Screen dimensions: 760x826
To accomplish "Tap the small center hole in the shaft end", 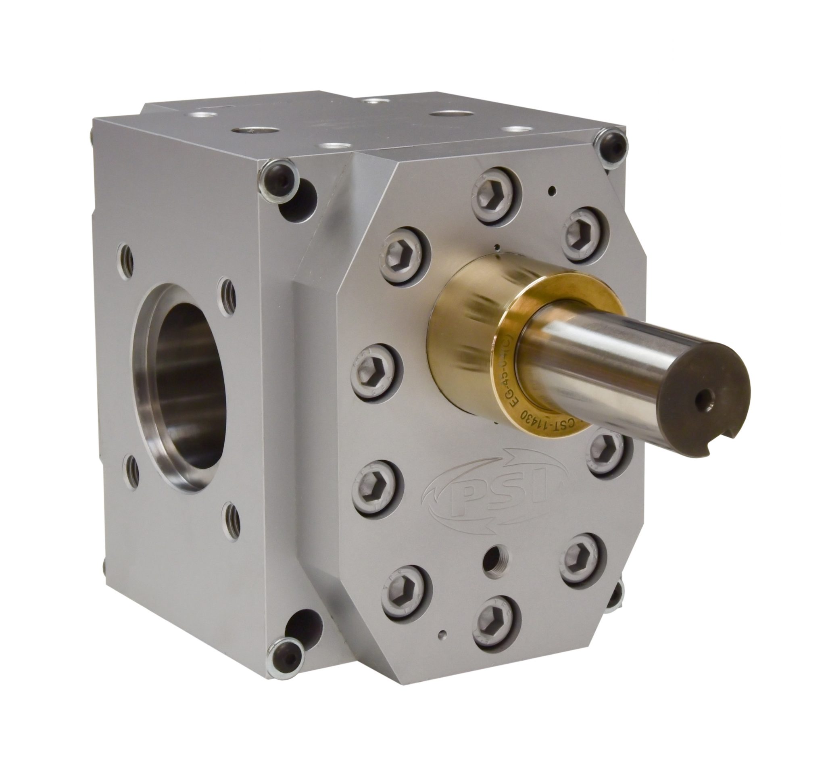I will tap(706, 398).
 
